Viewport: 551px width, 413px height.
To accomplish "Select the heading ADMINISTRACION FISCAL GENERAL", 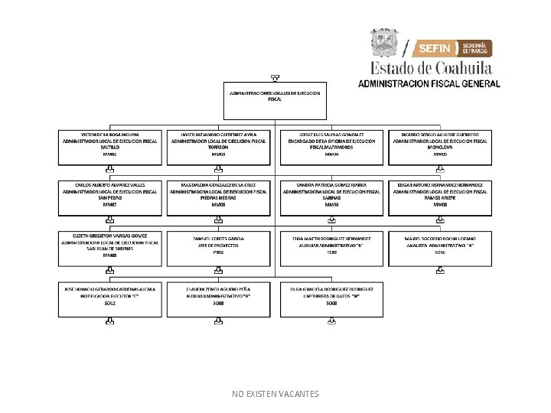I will tap(429, 83).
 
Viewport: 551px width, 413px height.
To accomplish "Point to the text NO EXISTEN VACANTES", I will tap(275, 394).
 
